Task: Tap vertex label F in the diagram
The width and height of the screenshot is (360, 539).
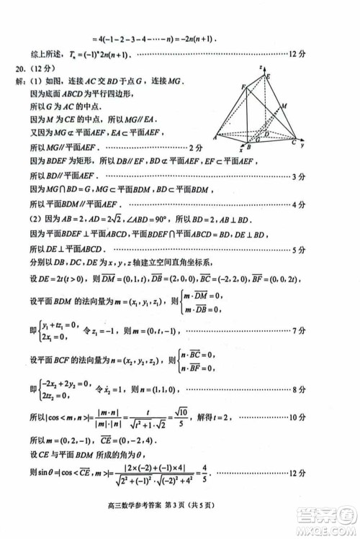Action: point(243,87)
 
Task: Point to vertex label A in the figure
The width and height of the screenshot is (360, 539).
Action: point(215,137)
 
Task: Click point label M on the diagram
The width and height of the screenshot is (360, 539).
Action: point(285,106)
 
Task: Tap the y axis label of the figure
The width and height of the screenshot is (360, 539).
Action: point(305,145)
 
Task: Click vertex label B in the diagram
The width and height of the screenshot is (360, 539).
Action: point(248,146)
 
